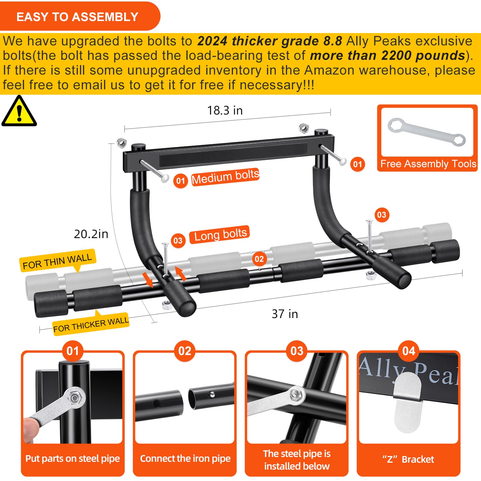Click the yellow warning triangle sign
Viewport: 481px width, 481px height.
(x=19, y=112)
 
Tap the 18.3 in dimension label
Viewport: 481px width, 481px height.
(x=225, y=111)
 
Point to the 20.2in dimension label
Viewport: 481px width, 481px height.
(x=91, y=234)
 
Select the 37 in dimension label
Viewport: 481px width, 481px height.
(x=285, y=314)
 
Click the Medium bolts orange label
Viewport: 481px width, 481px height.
(x=225, y=177)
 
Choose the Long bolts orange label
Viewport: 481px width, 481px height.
(x=220, y=234)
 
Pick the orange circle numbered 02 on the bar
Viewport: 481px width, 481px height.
(x=259, y=259)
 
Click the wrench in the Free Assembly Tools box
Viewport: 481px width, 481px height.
(x=426, y=132)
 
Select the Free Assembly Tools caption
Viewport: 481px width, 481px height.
(x=428, y=164)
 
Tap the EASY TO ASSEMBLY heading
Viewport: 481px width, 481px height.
(x=77, y=17)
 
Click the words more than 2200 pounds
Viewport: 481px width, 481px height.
(x=388, y=56)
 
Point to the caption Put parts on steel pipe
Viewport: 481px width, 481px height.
(x=72, y=458)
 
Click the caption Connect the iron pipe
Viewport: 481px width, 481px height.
(x=185, y=458)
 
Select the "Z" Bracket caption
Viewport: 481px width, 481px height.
(x=408, y=459)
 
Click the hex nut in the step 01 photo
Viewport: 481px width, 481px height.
(x=74, y=398)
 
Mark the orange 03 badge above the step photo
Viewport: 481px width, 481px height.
(x=297, y=351)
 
